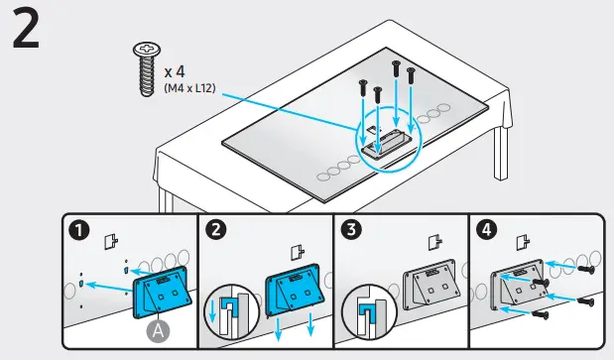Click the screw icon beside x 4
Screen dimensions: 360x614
145,69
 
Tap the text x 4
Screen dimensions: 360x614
176,71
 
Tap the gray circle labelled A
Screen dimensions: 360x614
156,330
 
